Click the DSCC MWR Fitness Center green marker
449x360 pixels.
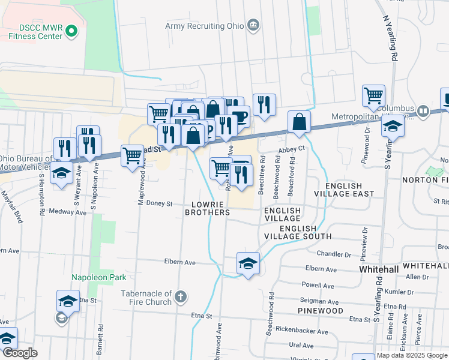point(72,30)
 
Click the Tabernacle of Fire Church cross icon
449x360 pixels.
point(180,296)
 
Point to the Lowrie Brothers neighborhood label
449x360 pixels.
point(207,208)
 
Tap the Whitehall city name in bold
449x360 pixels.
point(379,270)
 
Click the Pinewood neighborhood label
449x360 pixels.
point(321,311)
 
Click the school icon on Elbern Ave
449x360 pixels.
point(248,264)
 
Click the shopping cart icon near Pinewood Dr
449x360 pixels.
point(373,95)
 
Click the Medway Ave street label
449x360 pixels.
point(60,211)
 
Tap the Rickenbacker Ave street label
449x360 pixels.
point(306,331)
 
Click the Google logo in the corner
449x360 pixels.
point(20,353)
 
